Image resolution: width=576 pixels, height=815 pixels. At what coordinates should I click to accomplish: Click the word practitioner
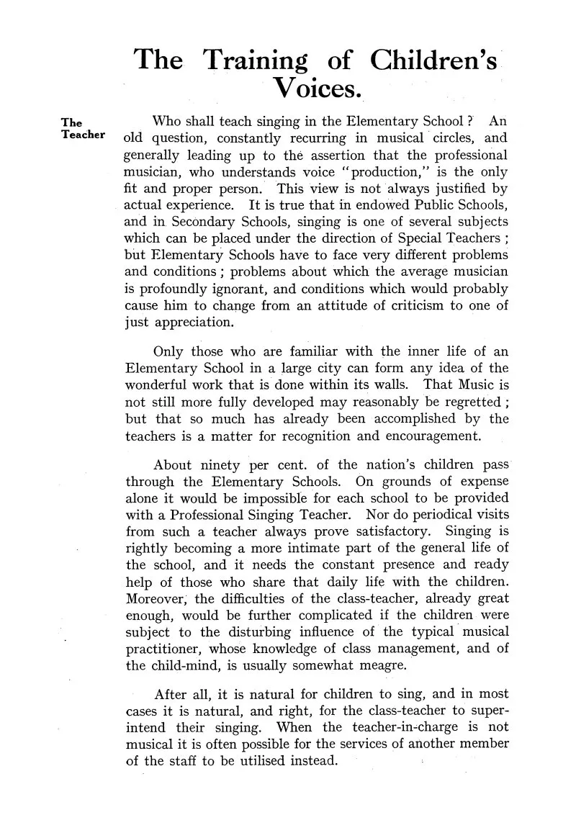163,648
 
